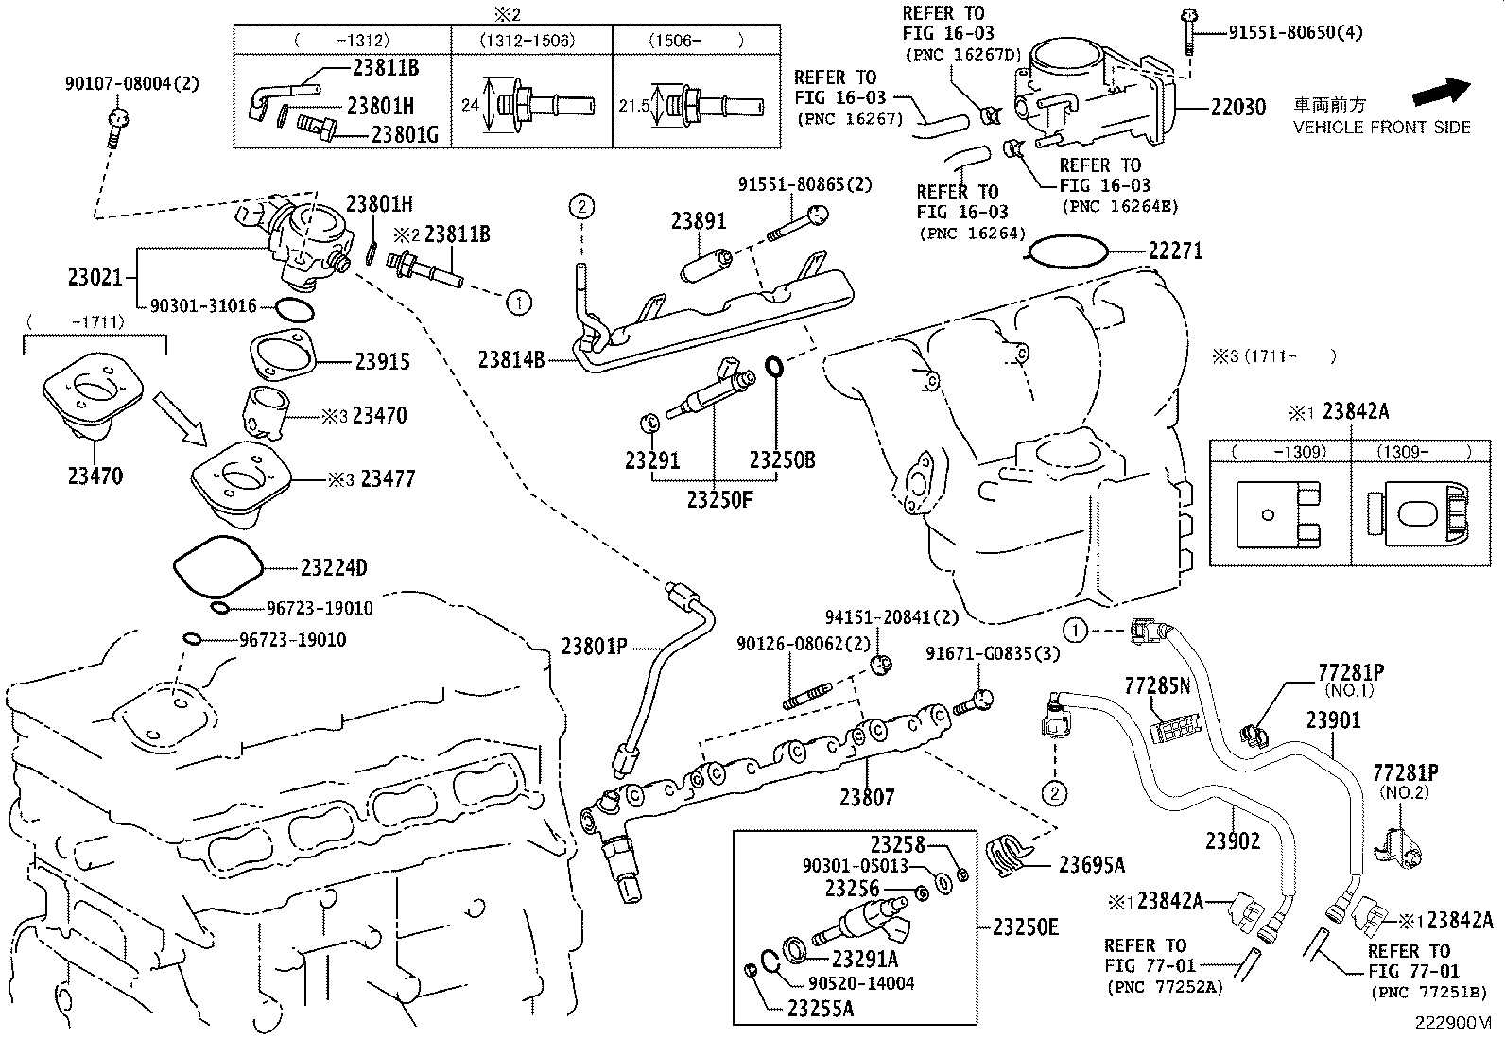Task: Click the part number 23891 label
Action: pos(699,221)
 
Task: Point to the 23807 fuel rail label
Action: pos(866,797)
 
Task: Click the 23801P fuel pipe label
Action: pos(594,647)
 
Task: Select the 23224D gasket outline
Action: pos(217,566)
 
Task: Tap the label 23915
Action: pos(383,361)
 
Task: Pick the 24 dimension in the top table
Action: pos(471,105)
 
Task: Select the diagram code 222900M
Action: pos(1452,1023)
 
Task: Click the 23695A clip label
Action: pos(1091,864)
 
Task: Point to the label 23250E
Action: pos(1026,927)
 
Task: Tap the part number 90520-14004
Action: pos(861,983)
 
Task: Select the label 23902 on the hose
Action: pos(1233,840)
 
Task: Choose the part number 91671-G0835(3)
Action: pos(993,653)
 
